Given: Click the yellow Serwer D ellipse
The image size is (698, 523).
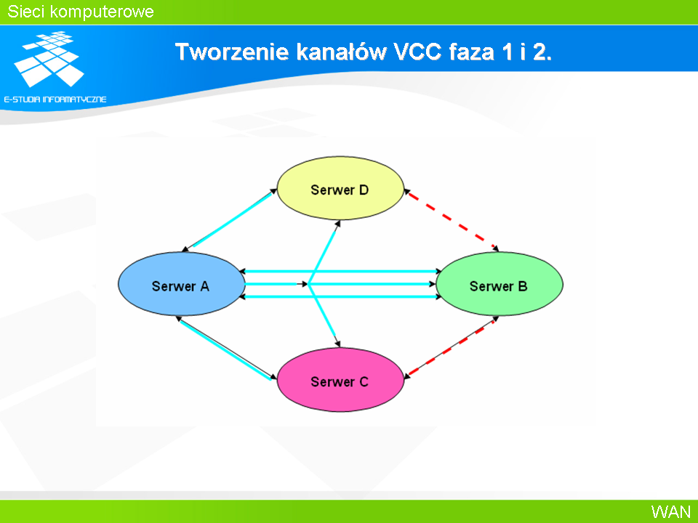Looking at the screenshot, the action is pos(340,188).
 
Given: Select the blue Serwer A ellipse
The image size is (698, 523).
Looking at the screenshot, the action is pos(182,284).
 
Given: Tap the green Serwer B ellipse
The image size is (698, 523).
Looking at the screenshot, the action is pos(500,284).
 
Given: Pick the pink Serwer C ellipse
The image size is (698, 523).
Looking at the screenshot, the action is pos(340,380).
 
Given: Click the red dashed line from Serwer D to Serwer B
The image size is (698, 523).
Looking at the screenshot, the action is pos(451,219).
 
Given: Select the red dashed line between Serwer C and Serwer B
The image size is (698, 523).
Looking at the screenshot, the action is pos(451,347).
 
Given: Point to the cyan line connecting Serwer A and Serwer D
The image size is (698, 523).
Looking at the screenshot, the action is pos(230,219).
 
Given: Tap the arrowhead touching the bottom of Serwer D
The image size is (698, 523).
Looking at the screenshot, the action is pos(338,224).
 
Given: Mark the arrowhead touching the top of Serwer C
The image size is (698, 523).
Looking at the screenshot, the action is pos(338,344).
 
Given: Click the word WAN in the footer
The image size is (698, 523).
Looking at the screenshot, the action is pos(671,511).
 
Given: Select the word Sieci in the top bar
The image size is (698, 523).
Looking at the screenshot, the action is pos(26,12).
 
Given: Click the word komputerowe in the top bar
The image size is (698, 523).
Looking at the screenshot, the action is pos(102,12).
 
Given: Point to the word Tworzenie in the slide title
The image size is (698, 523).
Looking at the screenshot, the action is pos(232,52).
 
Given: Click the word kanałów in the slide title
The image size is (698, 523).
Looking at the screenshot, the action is pos(342,52).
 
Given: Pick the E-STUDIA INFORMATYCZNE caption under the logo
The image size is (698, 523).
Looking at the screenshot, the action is pos(55,100).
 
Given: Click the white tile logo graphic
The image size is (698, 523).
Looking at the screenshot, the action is pos(49,59).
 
